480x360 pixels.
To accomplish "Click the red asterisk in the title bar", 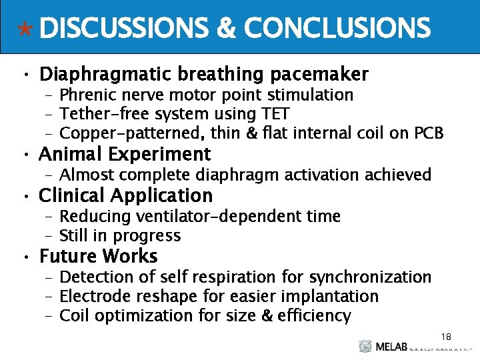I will tap(25, 29).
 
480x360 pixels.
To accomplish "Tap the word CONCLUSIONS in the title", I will tap(337, 29).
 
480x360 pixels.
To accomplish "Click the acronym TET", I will tap(274, 114).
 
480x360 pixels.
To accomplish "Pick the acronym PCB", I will tap(429, 133).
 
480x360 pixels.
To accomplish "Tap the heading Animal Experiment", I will tap(125, 155).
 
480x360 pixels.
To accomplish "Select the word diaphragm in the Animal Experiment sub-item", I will tap(236, 175).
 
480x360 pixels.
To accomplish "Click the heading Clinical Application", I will tap(126, 195).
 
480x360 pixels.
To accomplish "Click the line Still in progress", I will tap(120, 235).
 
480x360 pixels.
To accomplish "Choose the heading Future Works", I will tap(98, 256).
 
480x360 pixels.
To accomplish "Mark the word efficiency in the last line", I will tap(313, 315).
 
